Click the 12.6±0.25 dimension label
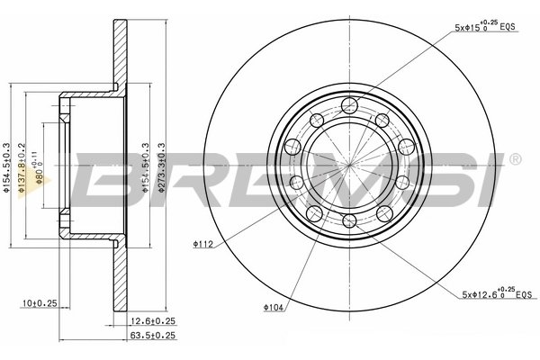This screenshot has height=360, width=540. pos(151,320)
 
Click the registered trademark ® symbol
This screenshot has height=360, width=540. pos(515,160)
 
